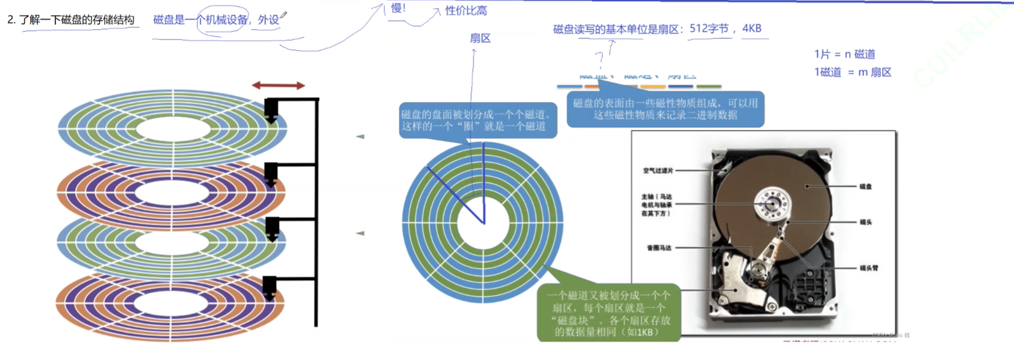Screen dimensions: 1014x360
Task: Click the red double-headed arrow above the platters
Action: point(278,86)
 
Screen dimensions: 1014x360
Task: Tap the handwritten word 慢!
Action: point(398,8)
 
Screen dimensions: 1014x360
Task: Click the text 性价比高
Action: point(466,10)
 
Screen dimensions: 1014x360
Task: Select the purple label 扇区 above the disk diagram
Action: point(480,38)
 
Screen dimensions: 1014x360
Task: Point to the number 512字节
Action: point(709,29)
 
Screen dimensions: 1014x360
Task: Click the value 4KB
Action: point(752,29)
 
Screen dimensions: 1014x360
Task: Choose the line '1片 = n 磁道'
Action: point(845,54)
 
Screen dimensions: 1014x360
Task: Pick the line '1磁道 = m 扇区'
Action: point(853,72)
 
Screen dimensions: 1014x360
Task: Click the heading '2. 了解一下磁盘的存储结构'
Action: point(71,20)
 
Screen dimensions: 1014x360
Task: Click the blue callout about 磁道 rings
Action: point(477,121)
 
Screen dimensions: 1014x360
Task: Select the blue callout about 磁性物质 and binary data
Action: point(665,109)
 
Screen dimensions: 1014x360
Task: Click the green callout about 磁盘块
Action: point(609,313)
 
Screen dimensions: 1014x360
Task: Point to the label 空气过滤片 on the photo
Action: point(658,171)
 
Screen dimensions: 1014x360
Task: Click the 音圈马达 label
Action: point(659,248)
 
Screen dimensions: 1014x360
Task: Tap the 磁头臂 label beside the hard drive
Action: point(868,268)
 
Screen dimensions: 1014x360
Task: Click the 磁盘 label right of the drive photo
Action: point(865,186)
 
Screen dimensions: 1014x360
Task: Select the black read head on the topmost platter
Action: point(271,109)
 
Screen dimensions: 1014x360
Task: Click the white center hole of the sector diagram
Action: point(483,223)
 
